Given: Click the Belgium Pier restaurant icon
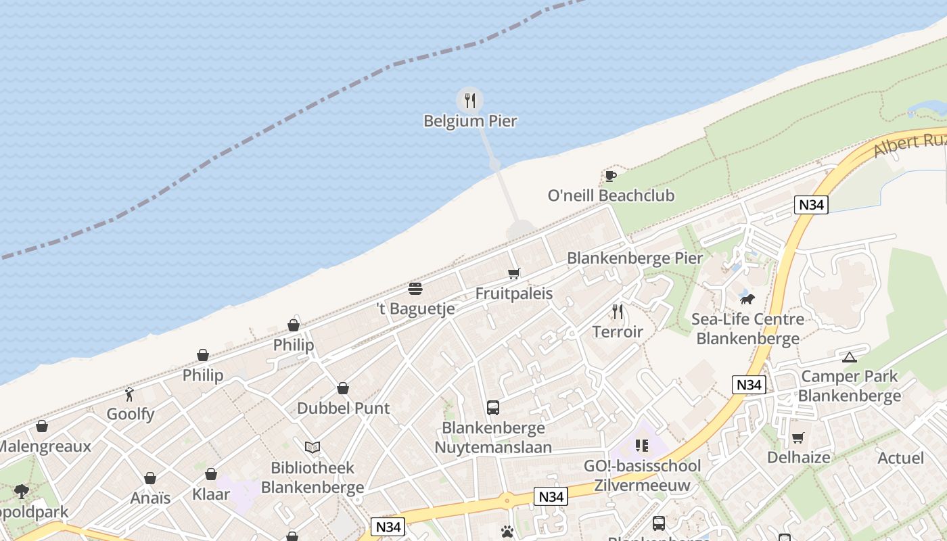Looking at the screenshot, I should [469, 101].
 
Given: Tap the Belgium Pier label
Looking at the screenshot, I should [470, 122].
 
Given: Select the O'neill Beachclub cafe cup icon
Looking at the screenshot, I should [610, 177].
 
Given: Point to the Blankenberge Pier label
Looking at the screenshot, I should [634, 258].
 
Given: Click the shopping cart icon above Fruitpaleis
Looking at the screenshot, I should [514, 274].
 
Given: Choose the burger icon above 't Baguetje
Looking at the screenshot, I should [415, 289].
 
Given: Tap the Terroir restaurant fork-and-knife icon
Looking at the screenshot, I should [617, 312].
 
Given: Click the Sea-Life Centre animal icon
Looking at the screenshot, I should [747, 299].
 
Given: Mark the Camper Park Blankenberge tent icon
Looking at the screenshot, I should [850, 357].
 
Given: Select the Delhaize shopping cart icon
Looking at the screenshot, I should [798, 438].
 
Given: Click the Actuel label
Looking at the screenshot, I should [900, 458].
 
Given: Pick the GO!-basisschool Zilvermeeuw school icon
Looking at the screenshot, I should [642, 446].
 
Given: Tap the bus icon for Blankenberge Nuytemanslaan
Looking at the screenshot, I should [493, 408].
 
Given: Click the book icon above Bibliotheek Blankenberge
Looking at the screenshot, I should [312, 447].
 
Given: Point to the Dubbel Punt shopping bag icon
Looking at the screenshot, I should [343, 388].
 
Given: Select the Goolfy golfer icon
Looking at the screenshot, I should [129, 394].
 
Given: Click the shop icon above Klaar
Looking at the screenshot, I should [211, 474].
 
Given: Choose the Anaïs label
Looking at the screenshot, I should [150, 498].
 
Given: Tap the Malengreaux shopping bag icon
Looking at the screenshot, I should [42, 426].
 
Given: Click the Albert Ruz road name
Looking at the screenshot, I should [908, 144].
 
